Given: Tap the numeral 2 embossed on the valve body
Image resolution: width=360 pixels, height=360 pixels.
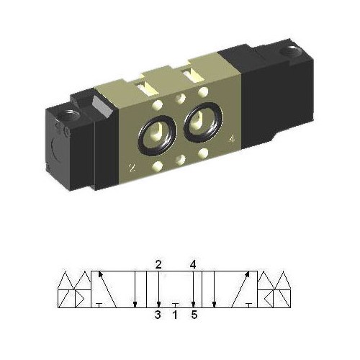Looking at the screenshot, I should point(132,168).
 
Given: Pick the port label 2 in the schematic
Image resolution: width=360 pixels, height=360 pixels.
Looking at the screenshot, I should point(158,264).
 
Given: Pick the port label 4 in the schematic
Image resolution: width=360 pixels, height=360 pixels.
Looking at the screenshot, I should point(193,264).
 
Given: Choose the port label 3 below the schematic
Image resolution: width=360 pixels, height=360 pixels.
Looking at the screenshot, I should point(158,314).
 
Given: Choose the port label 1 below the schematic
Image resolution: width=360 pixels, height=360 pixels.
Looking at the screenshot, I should point(175,314).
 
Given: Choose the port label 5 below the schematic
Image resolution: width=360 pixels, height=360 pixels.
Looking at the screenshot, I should point(193,314).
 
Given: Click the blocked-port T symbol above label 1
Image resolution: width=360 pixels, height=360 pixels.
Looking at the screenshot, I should point(175,304).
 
